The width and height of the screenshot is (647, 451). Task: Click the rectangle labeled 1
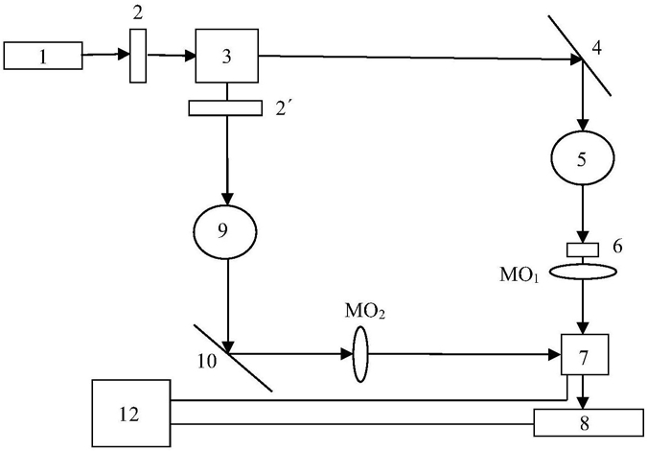coord(43,56)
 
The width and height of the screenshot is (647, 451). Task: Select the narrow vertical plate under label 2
coord(138,56)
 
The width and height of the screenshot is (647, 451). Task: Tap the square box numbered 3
coord(227,56)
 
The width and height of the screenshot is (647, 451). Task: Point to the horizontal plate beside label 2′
coord(225,107)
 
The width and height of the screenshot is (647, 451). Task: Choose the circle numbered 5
coord(583,157)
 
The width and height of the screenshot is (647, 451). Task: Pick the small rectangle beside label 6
coord(583,249)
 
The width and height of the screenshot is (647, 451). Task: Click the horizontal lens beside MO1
coord(583,272)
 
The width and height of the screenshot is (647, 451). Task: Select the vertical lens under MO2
coord(360,354)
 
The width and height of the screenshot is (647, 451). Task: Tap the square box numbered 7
coord(585,354)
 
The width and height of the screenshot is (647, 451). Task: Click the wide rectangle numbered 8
coord(589,422)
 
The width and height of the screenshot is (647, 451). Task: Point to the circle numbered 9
coord(225,231)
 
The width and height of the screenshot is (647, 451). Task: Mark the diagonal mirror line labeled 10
coord(233,358)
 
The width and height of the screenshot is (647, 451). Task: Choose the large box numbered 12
coord(131,414)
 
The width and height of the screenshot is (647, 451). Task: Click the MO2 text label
coord(365,311)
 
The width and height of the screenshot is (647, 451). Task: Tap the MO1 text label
coord(520,275)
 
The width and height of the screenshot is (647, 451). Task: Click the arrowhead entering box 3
coord(190,56)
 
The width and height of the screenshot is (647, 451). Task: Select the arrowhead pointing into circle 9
coord(227,200)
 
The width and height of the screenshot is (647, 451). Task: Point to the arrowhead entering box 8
coord(583,404)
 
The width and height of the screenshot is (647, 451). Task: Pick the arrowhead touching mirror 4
coord(576,59)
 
